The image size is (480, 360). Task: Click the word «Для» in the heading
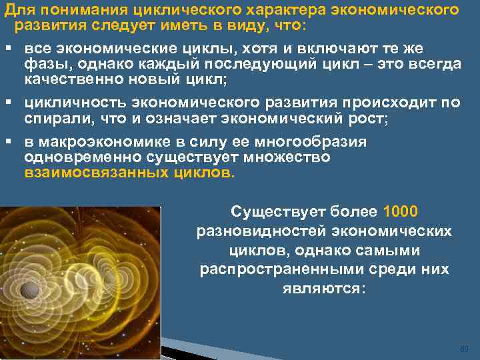tap(17, 10)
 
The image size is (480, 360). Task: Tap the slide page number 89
tap(465, 349)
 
